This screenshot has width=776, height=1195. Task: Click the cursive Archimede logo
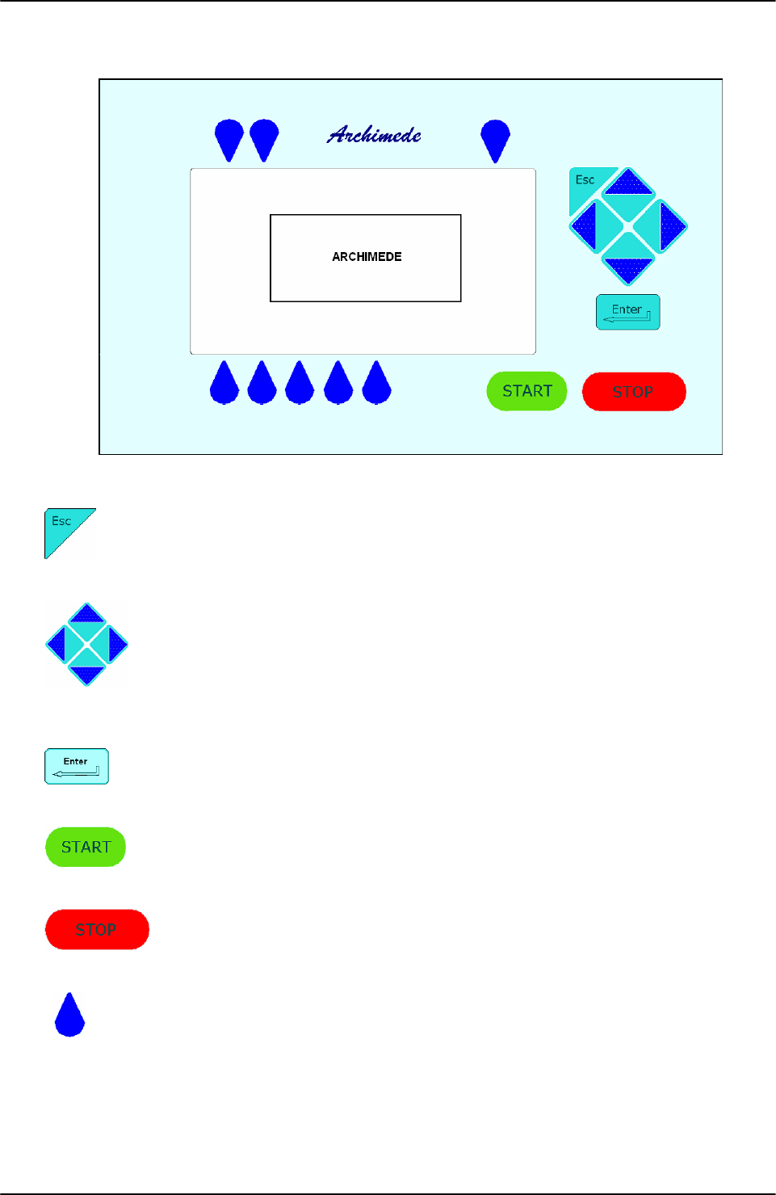coord(374,135)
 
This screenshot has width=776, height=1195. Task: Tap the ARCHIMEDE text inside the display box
coord(367,257)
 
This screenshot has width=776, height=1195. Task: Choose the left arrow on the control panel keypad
coord(585,226)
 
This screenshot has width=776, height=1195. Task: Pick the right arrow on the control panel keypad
coord(671,226)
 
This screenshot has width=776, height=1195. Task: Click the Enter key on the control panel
coord(627,312)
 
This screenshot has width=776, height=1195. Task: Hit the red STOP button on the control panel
coord(634,392)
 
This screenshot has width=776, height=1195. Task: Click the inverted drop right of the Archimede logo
coord(495,139)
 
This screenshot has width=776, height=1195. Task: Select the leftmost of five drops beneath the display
coord(224,385)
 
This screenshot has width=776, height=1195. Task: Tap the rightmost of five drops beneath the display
coord(376,385)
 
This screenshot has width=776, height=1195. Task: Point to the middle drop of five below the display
coord(300,385)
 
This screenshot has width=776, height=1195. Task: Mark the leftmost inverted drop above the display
coord(229,138)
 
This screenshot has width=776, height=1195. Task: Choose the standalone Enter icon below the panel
coord(77,766)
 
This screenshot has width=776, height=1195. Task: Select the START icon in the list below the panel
coord(86,847)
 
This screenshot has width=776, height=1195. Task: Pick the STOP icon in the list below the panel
coord(97,929)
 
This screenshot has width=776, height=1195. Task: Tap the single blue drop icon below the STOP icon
coord(69,1017)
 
